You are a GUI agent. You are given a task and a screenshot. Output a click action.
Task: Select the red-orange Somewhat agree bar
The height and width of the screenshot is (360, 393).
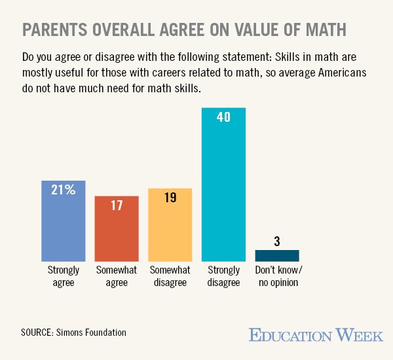117,229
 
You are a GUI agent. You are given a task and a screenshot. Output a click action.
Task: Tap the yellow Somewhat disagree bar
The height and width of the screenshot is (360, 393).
170,225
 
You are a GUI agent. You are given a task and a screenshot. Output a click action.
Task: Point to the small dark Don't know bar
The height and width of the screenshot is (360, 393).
276,255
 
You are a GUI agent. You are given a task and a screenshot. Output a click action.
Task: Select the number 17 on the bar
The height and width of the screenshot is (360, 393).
117,206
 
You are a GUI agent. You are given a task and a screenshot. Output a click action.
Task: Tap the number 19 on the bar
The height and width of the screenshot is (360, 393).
170,198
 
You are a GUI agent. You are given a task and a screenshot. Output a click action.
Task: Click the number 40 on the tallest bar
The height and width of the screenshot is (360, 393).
223,117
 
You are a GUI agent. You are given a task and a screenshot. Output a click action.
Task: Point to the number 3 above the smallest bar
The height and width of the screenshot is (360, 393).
277,241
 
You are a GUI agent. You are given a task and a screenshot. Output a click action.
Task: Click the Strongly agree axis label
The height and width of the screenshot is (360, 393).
63,276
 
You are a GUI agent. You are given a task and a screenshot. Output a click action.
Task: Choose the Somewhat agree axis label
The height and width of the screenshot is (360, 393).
116,276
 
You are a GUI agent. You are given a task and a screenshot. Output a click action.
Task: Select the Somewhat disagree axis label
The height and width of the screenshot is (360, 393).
170,276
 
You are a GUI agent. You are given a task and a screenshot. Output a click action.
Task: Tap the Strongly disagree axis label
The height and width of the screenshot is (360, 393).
223,276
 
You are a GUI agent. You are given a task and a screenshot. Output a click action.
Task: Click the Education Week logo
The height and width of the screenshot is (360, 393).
315,335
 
